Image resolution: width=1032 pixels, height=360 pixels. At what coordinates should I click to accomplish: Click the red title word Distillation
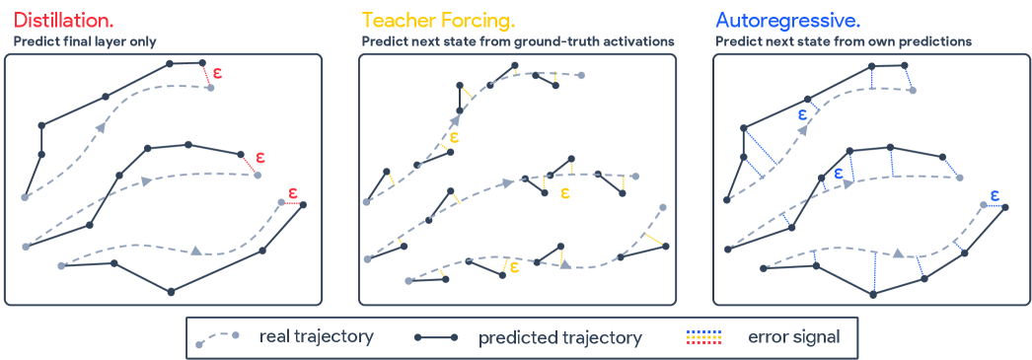(x=64, y=19)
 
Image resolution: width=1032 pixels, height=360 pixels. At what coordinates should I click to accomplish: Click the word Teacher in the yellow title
(x=396, y=19)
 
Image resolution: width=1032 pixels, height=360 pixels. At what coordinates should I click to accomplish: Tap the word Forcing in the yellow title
(x=476, y=21)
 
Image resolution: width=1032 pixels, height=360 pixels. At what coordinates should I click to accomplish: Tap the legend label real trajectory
(x=317, y=337)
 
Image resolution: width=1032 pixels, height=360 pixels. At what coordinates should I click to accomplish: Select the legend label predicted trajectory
(x=560, y=338)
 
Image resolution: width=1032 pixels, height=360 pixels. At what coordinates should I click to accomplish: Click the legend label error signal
(x=794, y=338)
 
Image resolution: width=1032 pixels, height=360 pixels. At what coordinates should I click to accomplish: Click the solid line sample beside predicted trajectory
(x=436, y=337)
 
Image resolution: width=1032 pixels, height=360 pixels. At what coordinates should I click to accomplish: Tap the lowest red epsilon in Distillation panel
(x=293, y=193)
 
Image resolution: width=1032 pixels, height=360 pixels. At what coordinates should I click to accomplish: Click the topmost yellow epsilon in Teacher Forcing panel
(x=454, y=137)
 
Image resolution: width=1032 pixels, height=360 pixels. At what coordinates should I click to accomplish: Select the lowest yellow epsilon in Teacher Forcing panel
(x=515, y=266)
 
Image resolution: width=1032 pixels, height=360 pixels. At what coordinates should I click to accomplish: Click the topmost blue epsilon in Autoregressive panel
(x=802, y=113)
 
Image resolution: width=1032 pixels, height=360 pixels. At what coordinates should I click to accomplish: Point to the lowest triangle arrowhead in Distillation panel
(x=195, y=251)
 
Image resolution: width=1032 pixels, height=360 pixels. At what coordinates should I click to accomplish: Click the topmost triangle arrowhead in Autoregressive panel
(x=802, y=129)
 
